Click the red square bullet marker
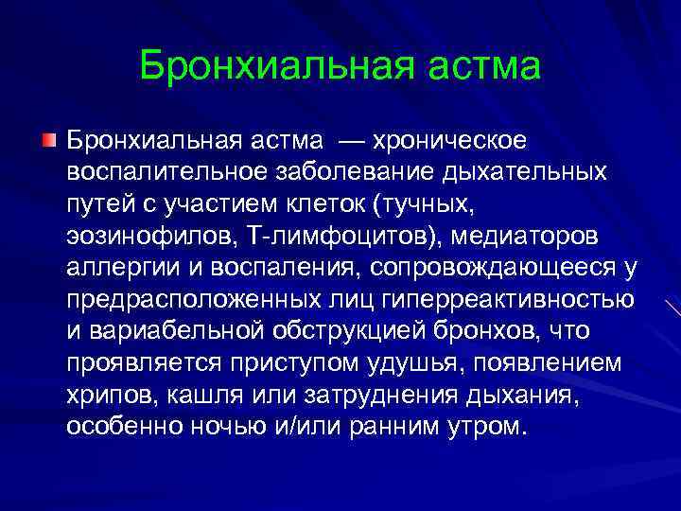pyautogui.click(x=49, y=141)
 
